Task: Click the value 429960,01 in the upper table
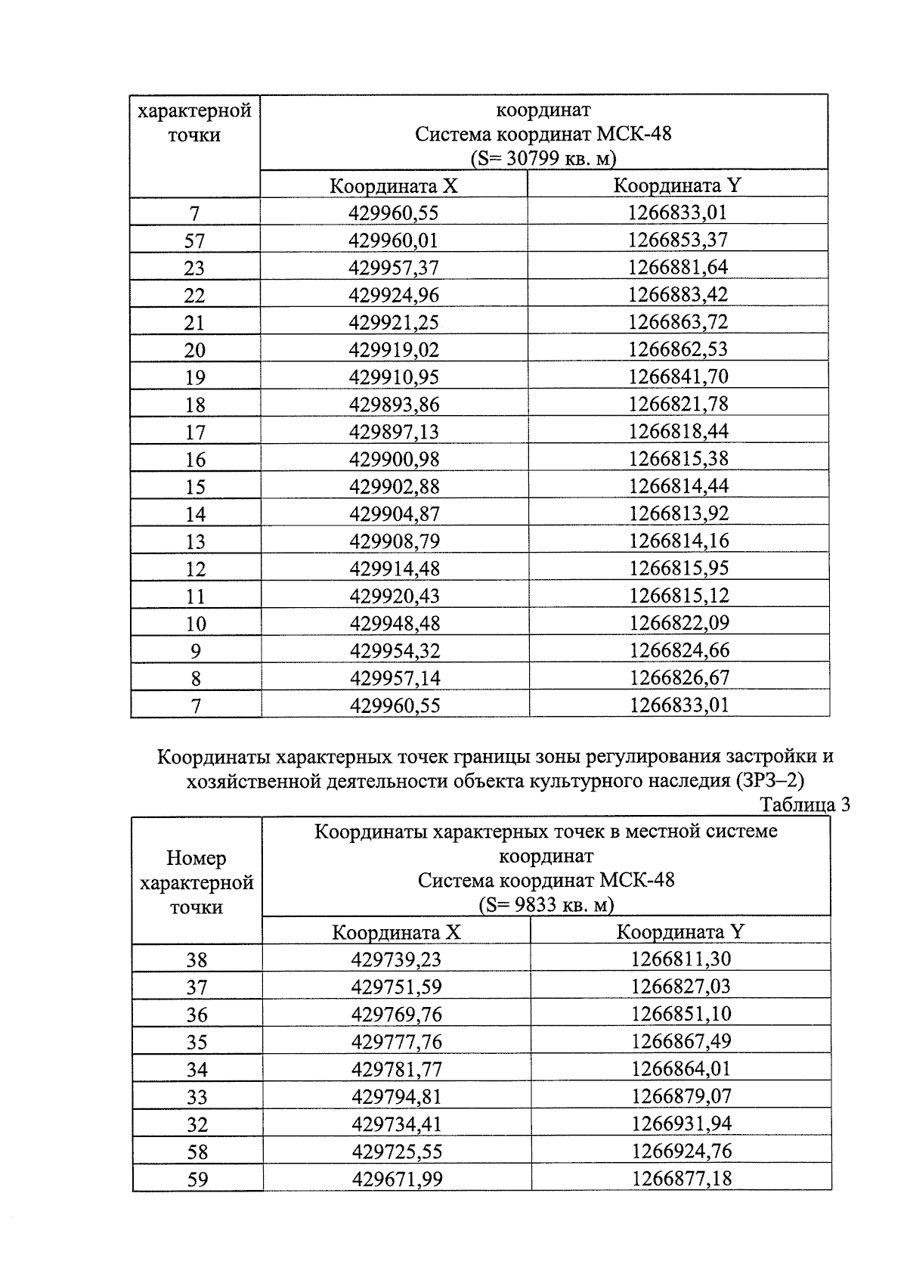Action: click(x=393, y=241)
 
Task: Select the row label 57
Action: click(x=194, y=241)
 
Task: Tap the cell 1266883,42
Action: click(x=678, y=294)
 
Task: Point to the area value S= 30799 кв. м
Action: click(x=543, y=159)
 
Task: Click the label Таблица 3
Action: click(x=805, y=804)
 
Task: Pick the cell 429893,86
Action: click(x=393, y=404)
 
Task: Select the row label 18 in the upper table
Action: click(x=194, y=404)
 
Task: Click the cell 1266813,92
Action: click(x=678, y=513)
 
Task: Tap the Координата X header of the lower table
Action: click(x=396, y=932)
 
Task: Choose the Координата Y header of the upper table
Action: click(x=677, y=186)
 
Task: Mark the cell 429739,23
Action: click(x=396, y=959)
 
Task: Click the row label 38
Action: click(x=197, y=960)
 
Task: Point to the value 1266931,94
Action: click(x=681, y=1123)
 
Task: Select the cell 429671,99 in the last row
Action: click(x=396, y=1179)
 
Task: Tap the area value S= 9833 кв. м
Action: click(x=546, y=905)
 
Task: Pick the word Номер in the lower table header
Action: click(x=197, y=858)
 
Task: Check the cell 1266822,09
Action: click(x=678, y=623)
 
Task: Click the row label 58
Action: click(x=197, y=1151)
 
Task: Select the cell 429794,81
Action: click(x=396, y=1096)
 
